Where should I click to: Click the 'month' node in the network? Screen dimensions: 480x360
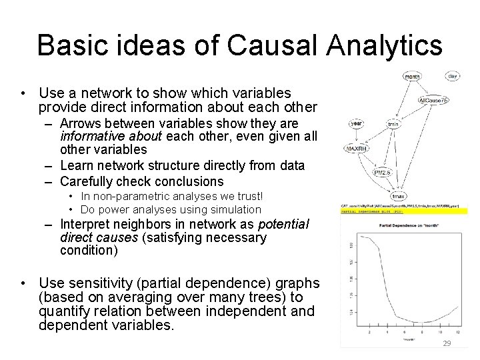click(413, 77)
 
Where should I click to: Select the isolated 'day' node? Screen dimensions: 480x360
click(453, 77)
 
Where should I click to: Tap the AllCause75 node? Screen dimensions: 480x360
click(434, 100)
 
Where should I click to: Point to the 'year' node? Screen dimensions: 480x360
click(357, 123)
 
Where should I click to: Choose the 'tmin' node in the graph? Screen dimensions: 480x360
click(393, 123)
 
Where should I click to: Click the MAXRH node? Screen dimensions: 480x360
click(356, 148)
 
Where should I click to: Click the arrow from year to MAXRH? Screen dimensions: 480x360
click(356, 135)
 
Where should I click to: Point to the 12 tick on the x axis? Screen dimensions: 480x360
click(457, 331)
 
